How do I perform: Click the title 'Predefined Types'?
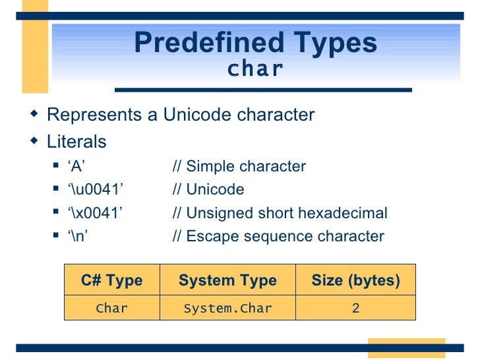(255, 44)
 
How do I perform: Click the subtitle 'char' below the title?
(255, 69)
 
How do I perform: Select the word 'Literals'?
(76, 142)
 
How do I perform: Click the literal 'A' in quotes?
(78, 166)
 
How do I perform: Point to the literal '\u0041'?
(96, 190)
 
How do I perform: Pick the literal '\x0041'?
(96, 213)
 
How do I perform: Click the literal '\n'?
(80, 236)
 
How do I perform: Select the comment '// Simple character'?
(239, 166)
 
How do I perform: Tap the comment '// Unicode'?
(208, 190)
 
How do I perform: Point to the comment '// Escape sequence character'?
(278, 236)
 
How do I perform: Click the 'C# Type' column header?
(111, 281)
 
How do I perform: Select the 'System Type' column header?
(227, 281)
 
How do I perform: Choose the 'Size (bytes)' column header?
(355, 281)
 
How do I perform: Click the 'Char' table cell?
(111, 308)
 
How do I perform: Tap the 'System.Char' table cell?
(227, 308)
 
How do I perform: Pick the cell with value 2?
(355, 308)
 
